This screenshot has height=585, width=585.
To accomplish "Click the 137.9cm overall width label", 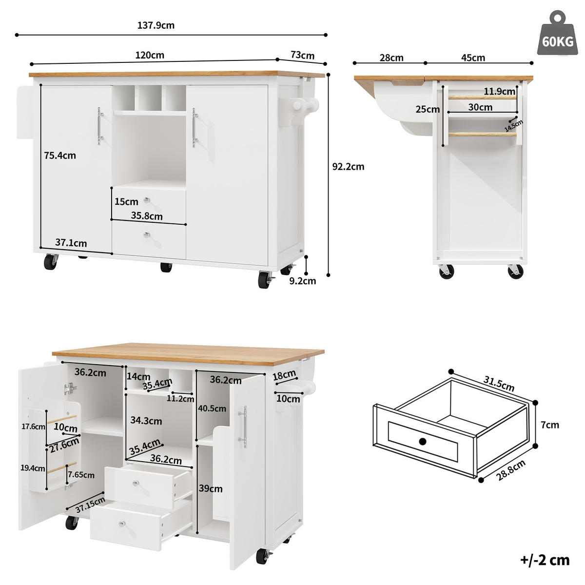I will pos(156,25).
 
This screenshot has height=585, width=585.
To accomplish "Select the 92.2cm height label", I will pos(348,167).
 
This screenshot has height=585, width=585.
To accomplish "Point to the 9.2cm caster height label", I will pos(302,281).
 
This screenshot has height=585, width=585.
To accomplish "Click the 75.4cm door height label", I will pos(60,156).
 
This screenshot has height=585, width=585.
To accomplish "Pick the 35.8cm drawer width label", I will pos(147,216).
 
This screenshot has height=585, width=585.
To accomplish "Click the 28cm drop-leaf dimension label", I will pos(391,58).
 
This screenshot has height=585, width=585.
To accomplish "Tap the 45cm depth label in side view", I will pos(473,58).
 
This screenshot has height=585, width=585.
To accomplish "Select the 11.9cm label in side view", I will pos(499,91).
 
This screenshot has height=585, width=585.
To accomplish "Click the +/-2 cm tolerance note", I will pos(545,560).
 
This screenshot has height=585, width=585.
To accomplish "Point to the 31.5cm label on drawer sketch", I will pos(499,384).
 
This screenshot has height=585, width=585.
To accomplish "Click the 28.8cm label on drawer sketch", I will pos(511,470).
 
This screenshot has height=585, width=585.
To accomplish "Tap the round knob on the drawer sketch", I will pos(422,442).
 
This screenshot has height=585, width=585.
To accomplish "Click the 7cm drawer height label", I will pos(550,425).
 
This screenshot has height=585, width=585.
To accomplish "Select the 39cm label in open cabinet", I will pos(211,488).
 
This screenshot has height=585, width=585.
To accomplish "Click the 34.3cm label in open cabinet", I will pos(146,421).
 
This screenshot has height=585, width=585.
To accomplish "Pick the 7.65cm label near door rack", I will pos(81,475).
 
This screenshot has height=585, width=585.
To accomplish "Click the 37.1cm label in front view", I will pos(71,243).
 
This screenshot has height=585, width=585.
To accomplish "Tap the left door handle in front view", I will pos(99,126).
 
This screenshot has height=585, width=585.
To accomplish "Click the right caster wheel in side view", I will pos(515,271).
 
